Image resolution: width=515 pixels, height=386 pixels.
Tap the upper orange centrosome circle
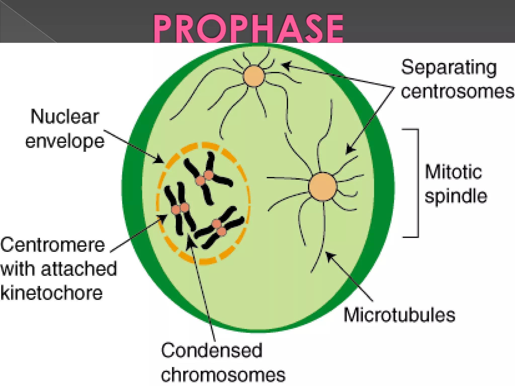pos(254,76)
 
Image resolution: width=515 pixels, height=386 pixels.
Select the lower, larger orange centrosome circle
pos(322,186)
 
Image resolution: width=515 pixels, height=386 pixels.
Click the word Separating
pos(449,68)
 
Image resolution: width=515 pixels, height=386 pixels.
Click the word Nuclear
pos(65,117)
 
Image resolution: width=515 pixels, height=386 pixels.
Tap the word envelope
pos(65,141)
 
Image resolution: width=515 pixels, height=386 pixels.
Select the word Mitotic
pos(453,172)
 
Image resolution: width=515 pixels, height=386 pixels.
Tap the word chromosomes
pos(223,375)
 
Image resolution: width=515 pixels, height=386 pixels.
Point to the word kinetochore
pos(52,293)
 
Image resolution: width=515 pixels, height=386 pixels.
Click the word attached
pos(79,269)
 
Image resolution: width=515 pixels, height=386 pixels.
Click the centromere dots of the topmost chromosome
pos(204,178)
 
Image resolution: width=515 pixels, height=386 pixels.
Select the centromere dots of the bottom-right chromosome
pos(219,227)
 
